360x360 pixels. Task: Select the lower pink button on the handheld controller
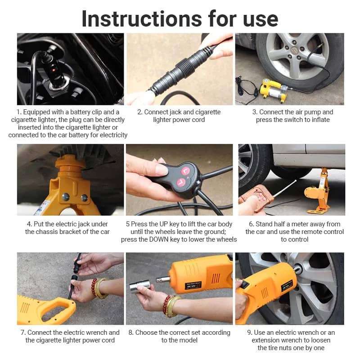tap(181, 183)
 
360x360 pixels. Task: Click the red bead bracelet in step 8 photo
tap(166, 305)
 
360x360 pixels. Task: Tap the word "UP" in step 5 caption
tap(164, 224)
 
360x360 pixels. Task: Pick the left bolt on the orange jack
tap(65, 197)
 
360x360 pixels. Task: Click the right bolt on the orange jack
tap(84, 197)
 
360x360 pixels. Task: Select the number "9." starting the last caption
tap(250, 333)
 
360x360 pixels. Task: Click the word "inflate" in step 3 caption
tap(321, 120)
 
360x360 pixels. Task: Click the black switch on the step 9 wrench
tap(245, 284)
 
